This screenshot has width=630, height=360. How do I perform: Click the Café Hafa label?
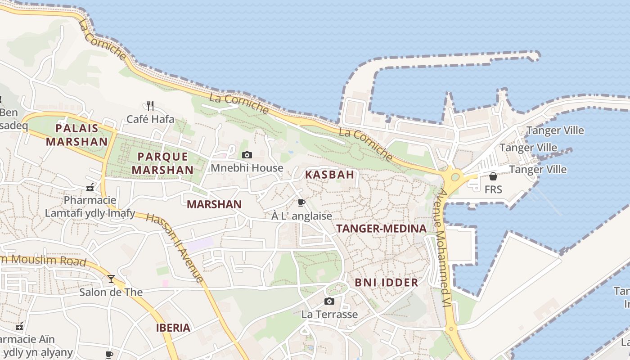[x=150, y=119]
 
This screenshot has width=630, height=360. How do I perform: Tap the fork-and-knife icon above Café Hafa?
[x=150, y=106]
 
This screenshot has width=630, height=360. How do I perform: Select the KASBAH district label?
[x=330, y=175]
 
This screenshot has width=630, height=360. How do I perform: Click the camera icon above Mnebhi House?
[x=247, y=155]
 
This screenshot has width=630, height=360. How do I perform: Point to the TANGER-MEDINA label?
[x=381, y=229]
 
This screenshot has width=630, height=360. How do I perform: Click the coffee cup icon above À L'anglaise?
[x=301, y=203]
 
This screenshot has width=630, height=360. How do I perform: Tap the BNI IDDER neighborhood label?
[x=387, y=283]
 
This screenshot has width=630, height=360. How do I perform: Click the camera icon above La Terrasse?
[x=329, y=301]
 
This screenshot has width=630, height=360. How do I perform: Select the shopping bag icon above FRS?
[x=493, y=176]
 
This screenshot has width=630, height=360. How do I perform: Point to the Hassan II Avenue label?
[x=175, y=247]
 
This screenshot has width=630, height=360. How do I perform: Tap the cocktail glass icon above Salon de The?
[x=111, y=279]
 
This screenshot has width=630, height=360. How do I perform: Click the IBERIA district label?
[x=173, y=328]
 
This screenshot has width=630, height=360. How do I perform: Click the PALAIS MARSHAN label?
[x=77, y=135]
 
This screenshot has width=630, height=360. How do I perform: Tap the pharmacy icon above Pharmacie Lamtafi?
[x=90, y=187]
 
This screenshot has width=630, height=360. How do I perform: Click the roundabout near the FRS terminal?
[x=455, y=177]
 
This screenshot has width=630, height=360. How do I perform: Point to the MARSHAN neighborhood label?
[x=214, y=204]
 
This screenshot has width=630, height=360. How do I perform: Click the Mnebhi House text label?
[x=247, y=168]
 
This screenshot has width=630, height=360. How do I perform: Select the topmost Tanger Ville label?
[x=555, y=131]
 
